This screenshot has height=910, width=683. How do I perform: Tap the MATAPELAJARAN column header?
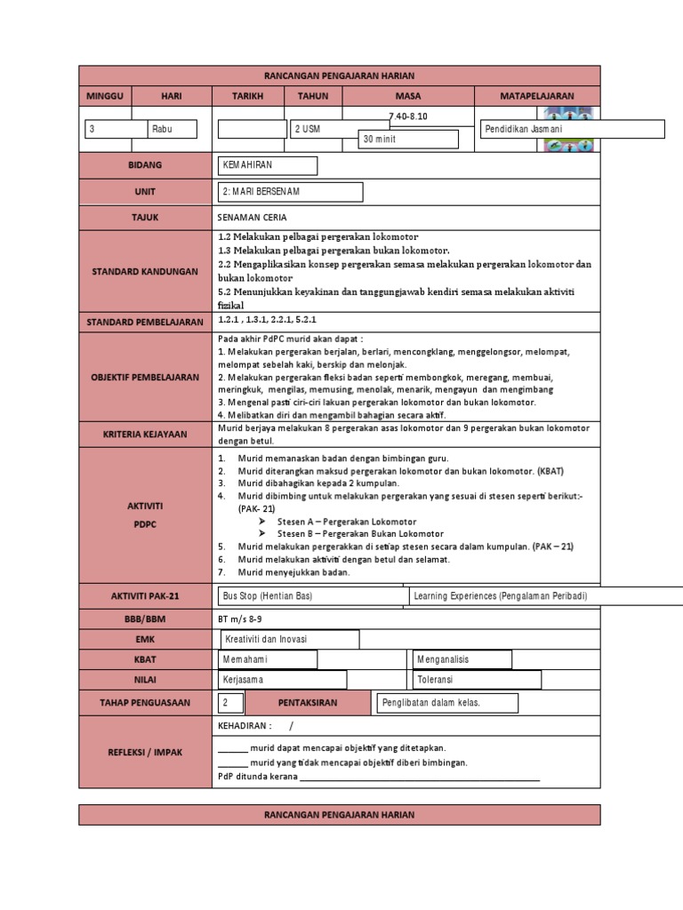coord(537,96)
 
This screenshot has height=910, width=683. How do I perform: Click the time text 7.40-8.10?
coord(408,116)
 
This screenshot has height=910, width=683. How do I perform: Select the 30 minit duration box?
coord(408,140)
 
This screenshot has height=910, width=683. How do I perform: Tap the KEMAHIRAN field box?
coord(268,165)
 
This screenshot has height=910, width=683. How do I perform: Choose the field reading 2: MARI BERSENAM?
coord(291,192)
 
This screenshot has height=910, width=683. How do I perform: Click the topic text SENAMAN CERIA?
coord(252,217)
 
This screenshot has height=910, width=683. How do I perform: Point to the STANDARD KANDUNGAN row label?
coord(145,270)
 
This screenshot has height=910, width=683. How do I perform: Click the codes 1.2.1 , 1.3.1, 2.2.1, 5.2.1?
coord(268,319)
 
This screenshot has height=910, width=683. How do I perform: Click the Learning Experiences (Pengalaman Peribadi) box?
coord(547,595)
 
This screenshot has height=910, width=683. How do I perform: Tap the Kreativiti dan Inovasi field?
coord(289,639)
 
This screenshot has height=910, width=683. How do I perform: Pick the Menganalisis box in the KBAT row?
coord(462,659)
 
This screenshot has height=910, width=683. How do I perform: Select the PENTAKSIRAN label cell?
coord(307,703)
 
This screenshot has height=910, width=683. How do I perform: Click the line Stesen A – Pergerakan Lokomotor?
coord(334,522)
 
